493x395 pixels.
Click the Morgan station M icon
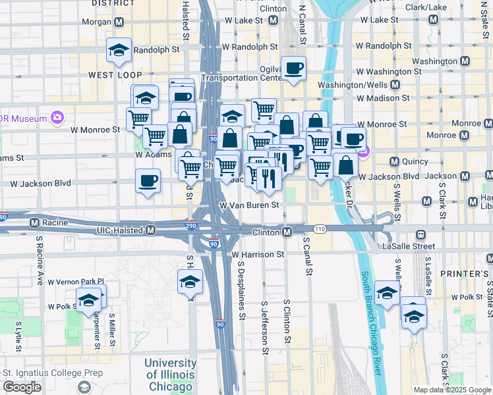pos(119,22)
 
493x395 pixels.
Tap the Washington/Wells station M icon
pos(395,85)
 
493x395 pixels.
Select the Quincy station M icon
pos(394,161)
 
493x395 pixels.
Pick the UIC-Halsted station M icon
pos(150,230)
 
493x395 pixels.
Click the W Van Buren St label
pos(250,205)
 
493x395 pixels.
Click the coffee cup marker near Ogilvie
pos(294,68)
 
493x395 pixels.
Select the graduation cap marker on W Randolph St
pos(119,51)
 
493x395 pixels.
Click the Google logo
pos(22,387)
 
